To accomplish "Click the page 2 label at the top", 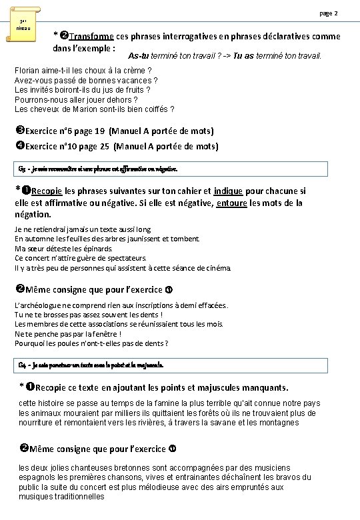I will coord(329,13).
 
